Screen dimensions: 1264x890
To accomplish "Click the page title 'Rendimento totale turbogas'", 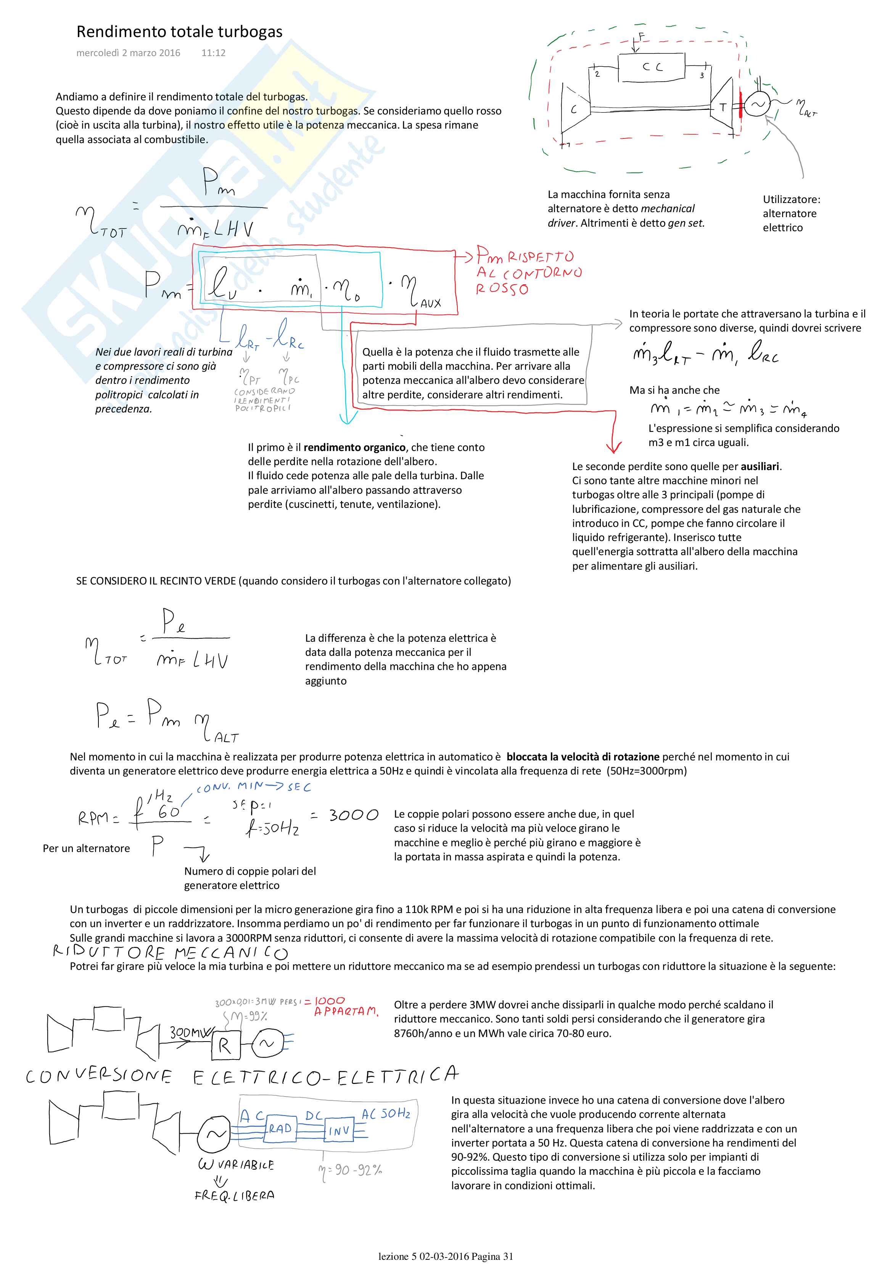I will (x=179, y=32).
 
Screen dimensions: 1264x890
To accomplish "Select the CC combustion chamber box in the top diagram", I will (x=652, y=68).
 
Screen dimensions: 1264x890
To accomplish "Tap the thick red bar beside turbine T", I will (x=741, y=105).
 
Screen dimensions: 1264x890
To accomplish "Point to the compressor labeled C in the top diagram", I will (x=574, y=109).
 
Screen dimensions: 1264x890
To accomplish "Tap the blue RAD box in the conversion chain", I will (x=281, y=1129).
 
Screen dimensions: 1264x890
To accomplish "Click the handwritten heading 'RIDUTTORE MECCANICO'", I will (x=171, y=952).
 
